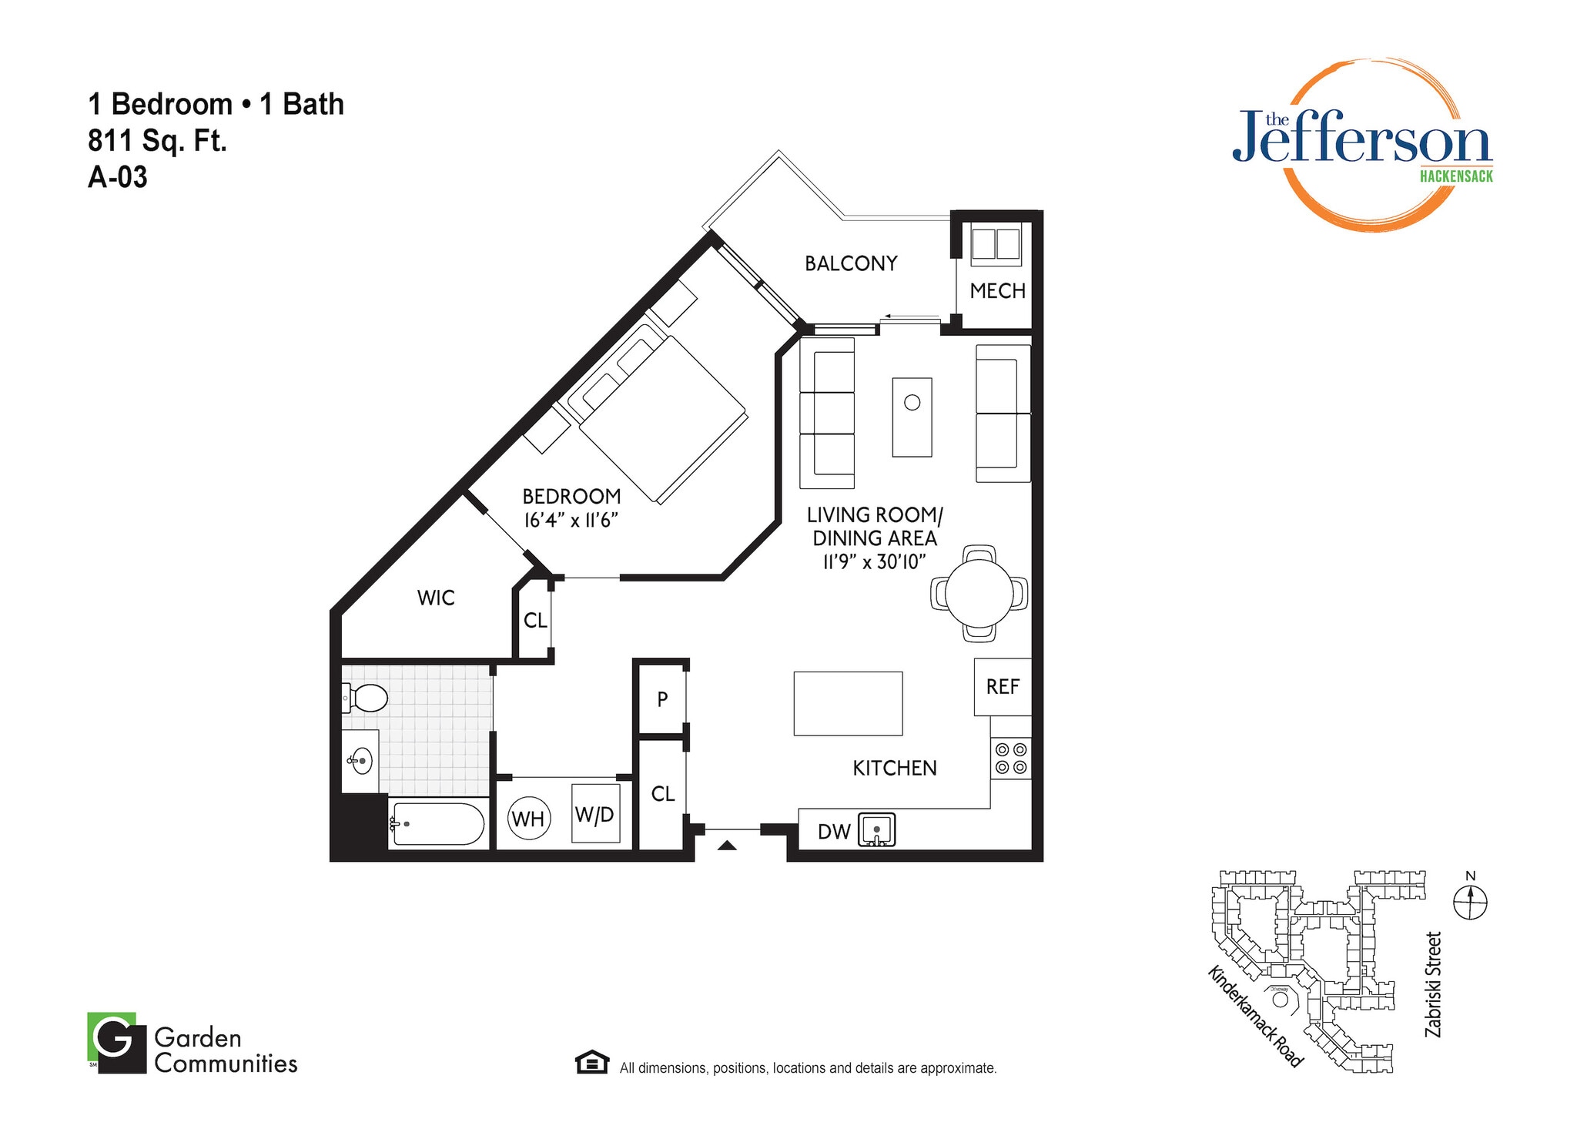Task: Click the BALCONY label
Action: [851, 263]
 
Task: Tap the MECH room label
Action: [997, 291]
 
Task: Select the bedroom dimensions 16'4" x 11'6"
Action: [571, 521]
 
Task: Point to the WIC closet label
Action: [436, 598]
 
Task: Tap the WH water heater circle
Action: [528, 819]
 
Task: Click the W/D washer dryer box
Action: [595, 814]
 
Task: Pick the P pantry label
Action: [662, 699]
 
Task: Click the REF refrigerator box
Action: [1002, 687]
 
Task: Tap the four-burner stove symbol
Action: [1010, 758]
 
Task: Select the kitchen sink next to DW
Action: [877, 830]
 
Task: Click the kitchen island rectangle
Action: [848, 703]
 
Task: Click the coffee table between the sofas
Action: [912, 417]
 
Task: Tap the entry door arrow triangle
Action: [727, 846]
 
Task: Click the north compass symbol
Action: [1470, 901]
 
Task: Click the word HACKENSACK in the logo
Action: [1455, 176]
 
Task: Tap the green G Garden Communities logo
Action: [116, 1042]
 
